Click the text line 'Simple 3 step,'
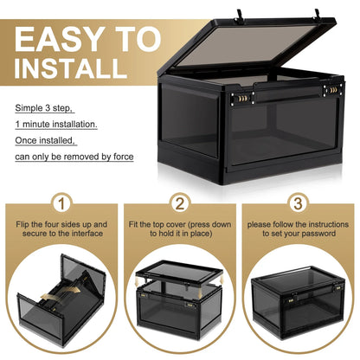43,109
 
